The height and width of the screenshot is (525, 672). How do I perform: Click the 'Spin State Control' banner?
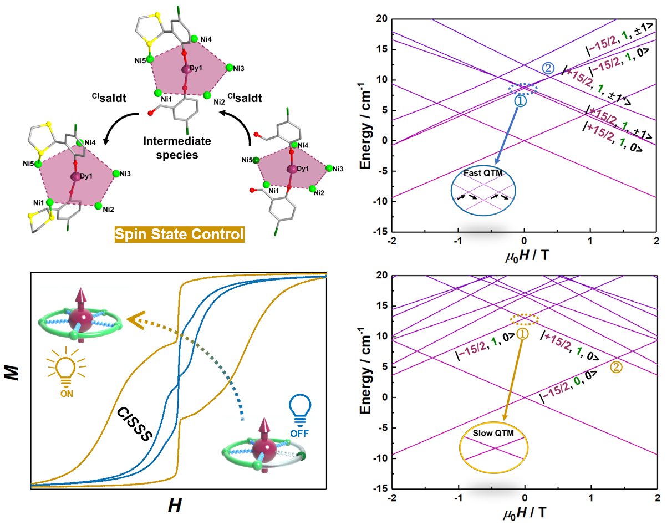click(x=179, y=235)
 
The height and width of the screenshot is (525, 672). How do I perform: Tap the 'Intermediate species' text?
click(x=179, y=148)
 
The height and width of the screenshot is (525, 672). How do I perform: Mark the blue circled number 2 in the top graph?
click(x=548, y=68)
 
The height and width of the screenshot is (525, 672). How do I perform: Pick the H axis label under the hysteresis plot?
click(x=175, y=505)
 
